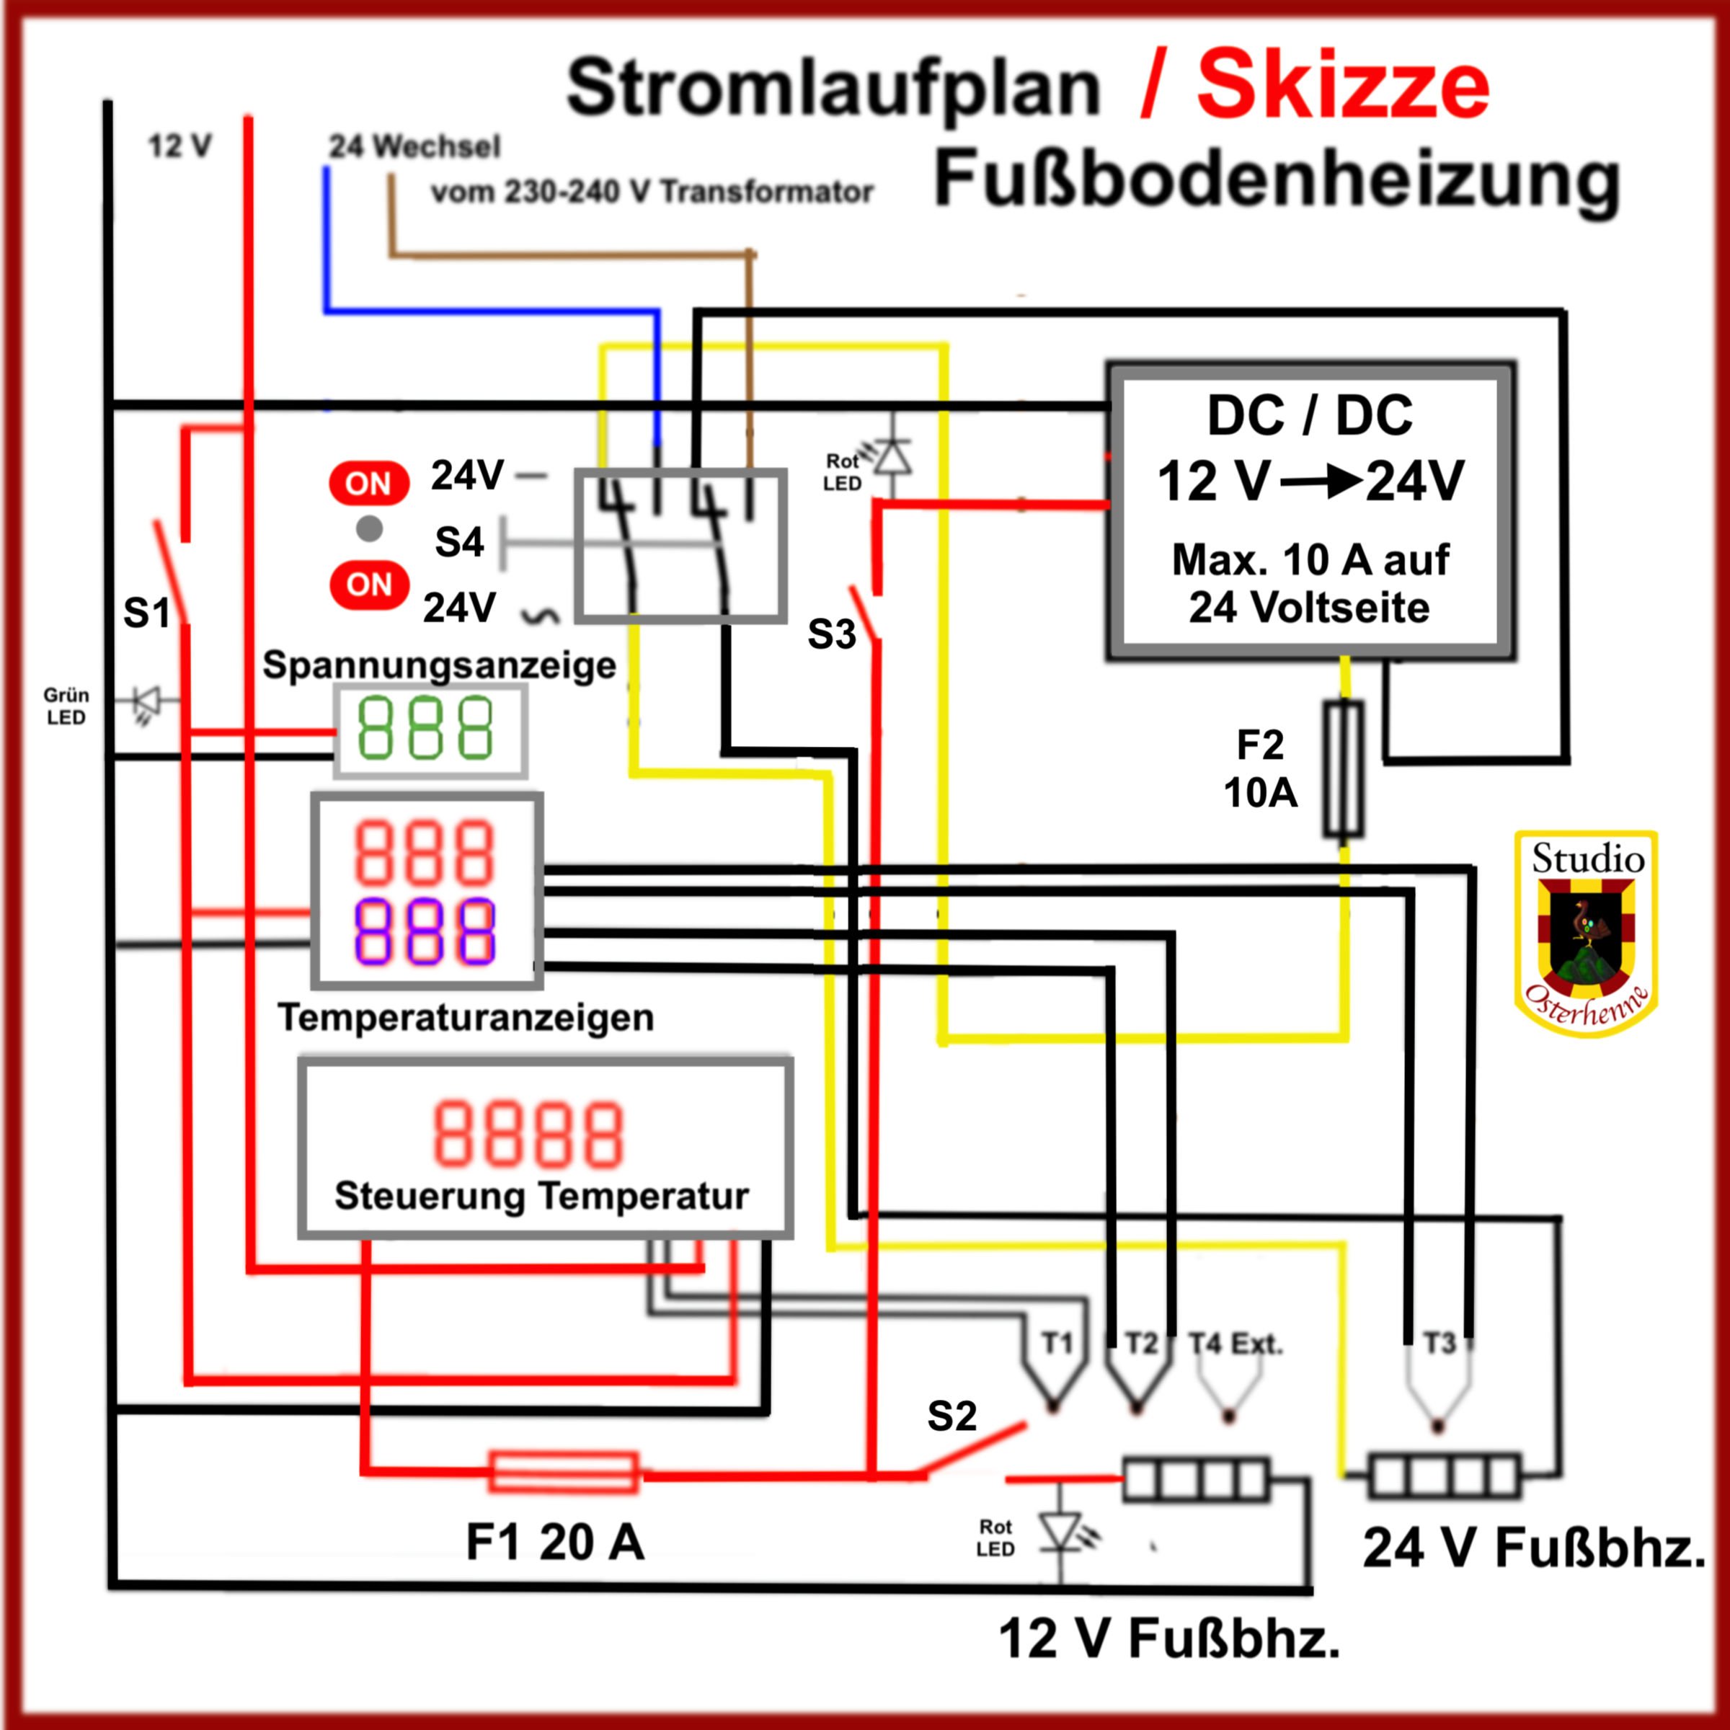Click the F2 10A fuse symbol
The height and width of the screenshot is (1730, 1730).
1343,769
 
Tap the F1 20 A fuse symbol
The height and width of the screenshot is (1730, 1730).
564,1472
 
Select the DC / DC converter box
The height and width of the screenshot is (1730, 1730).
1310,511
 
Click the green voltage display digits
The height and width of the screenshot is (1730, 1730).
425,728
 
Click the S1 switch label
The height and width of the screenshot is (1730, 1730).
146,613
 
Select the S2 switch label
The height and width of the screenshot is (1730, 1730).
951,1416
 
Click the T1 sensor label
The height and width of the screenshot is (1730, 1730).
1057,1343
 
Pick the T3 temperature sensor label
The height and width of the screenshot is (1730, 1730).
1439,1343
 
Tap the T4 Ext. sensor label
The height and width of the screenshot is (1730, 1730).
1235,1343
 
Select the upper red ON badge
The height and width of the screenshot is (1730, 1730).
369,484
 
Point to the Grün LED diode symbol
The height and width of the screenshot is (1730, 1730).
145,702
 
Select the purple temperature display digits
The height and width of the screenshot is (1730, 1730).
425,931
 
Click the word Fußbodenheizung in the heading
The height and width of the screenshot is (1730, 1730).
1277,179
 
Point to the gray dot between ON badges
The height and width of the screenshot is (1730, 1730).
369,529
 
